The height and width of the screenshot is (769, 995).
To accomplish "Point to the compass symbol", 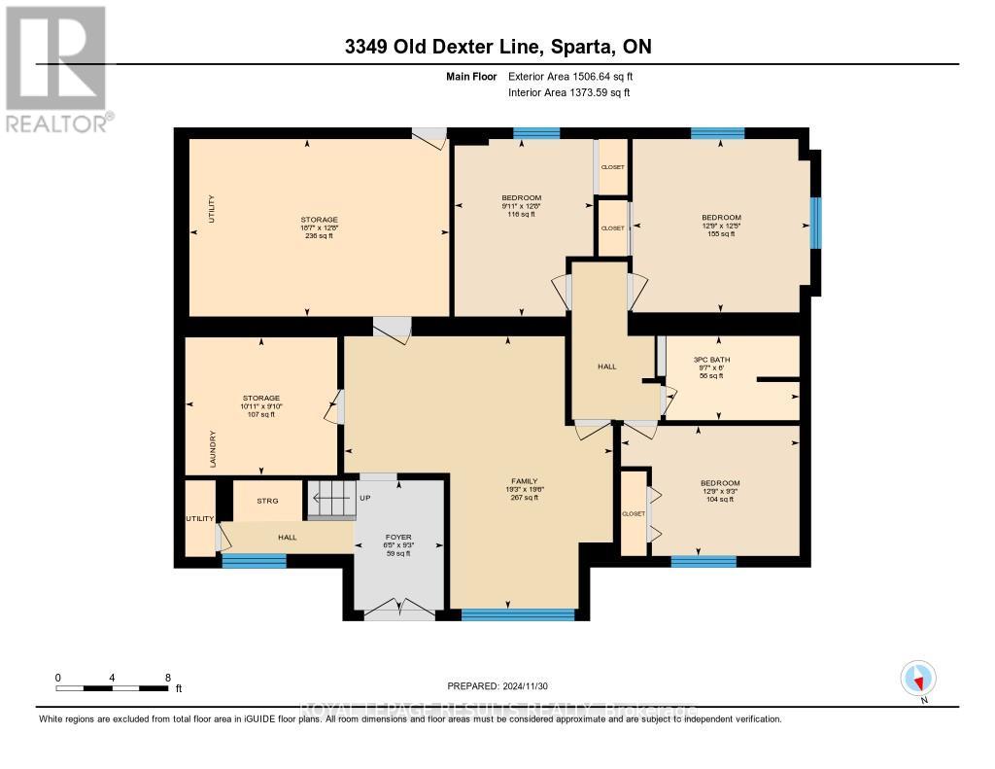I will pos(918,679).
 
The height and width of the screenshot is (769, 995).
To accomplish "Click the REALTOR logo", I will pos(56,68).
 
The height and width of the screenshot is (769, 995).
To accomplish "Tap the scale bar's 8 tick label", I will pos(167,678).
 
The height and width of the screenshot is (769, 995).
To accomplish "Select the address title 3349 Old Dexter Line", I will pos(497,47).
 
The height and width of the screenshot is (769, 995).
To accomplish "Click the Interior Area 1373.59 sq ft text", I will pos(568,92).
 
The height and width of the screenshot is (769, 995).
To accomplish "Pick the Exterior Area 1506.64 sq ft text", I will pos(570,76).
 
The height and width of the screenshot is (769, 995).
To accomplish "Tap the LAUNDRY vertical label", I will pos(211,448).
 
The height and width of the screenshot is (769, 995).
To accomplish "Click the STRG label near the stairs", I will pos(267,501).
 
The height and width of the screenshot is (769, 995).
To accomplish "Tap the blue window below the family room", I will pos(517,613).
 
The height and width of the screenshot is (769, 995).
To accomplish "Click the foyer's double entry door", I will pos(398,609).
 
